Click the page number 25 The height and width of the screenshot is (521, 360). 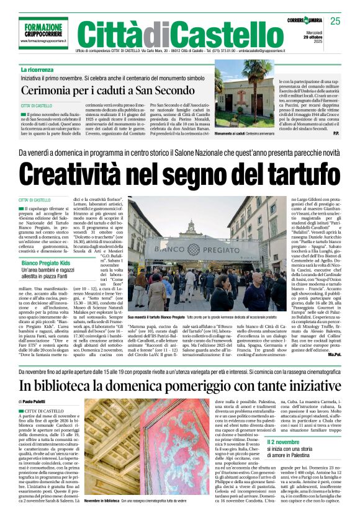pyautogui.click(x=335, y=21)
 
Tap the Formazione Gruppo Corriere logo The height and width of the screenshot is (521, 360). pyautogui.click(x=43, y=29)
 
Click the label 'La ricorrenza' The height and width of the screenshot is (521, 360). pyautogui.click(x=37, y=70)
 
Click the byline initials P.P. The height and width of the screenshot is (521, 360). pyautogui.click(x=335, y=133)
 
